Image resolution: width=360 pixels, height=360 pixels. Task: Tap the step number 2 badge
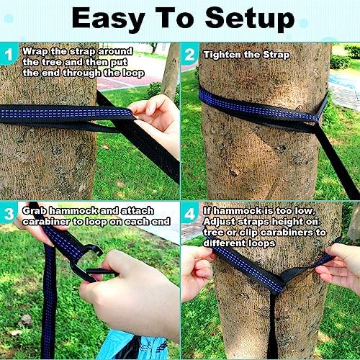click(190, 53)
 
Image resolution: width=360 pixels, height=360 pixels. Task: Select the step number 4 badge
click(190, 212)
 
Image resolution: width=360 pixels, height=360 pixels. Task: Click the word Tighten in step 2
click(222, 54)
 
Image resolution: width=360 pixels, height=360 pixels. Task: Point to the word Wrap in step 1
click(35, 51)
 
